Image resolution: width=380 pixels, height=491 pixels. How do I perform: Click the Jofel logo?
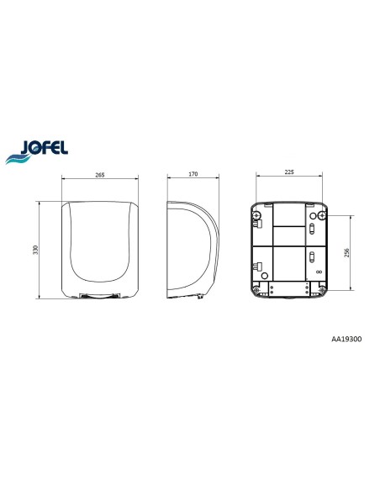point(37,151)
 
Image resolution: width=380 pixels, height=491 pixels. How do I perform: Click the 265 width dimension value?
point(99,175)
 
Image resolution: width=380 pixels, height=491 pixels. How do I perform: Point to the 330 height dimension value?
point(35,250)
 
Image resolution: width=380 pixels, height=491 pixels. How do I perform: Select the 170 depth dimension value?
point(193,174)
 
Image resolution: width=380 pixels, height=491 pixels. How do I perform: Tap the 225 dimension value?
point(289,172)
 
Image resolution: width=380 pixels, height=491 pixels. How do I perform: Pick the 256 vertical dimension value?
point(346,253)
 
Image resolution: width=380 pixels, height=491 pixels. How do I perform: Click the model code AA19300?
point(346,339)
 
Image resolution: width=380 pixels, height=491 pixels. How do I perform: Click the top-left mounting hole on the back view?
point(257,215)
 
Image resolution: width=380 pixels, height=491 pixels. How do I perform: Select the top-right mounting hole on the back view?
point(322,215)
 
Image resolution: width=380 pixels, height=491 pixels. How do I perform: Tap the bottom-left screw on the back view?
point(256,290)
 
